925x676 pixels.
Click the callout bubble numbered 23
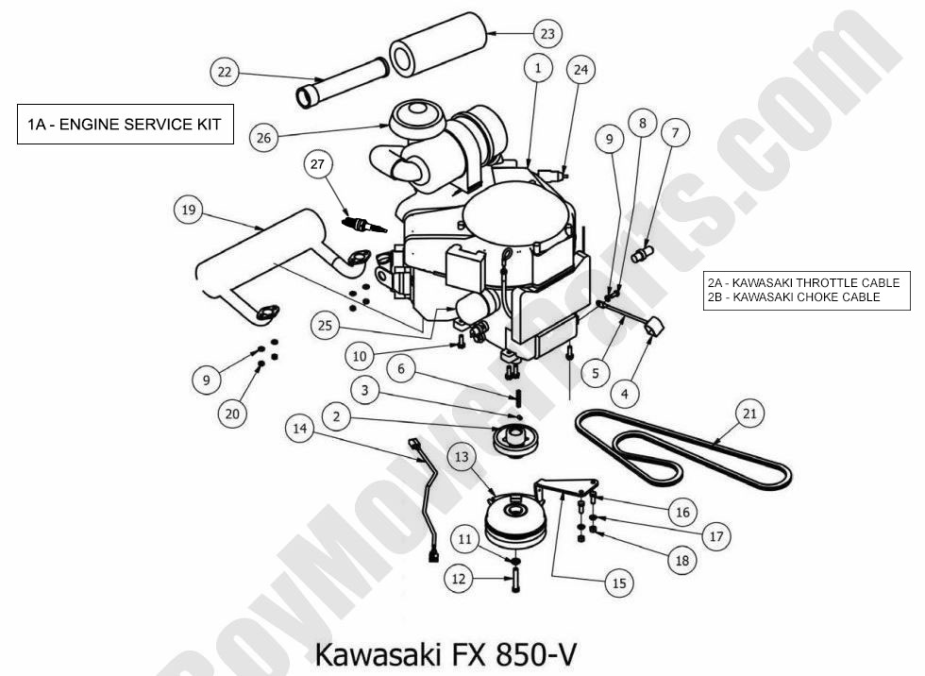tap(547, 34)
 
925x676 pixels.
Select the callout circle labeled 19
tap(189, 210)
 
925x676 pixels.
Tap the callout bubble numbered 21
tap(750, 413)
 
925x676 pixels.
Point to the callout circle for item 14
tap(300, 429)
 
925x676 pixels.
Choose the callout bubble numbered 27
tap(318, 164)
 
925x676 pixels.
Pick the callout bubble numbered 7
tap(674, 133)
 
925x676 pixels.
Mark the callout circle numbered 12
tap(459, 579)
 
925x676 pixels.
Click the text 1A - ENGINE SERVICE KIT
tap(124, 125)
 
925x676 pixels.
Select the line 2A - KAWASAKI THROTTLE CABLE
tap(801, 282)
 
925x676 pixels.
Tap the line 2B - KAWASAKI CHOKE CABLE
tap(793, 296)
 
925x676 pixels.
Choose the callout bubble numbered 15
tap(619, 583)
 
